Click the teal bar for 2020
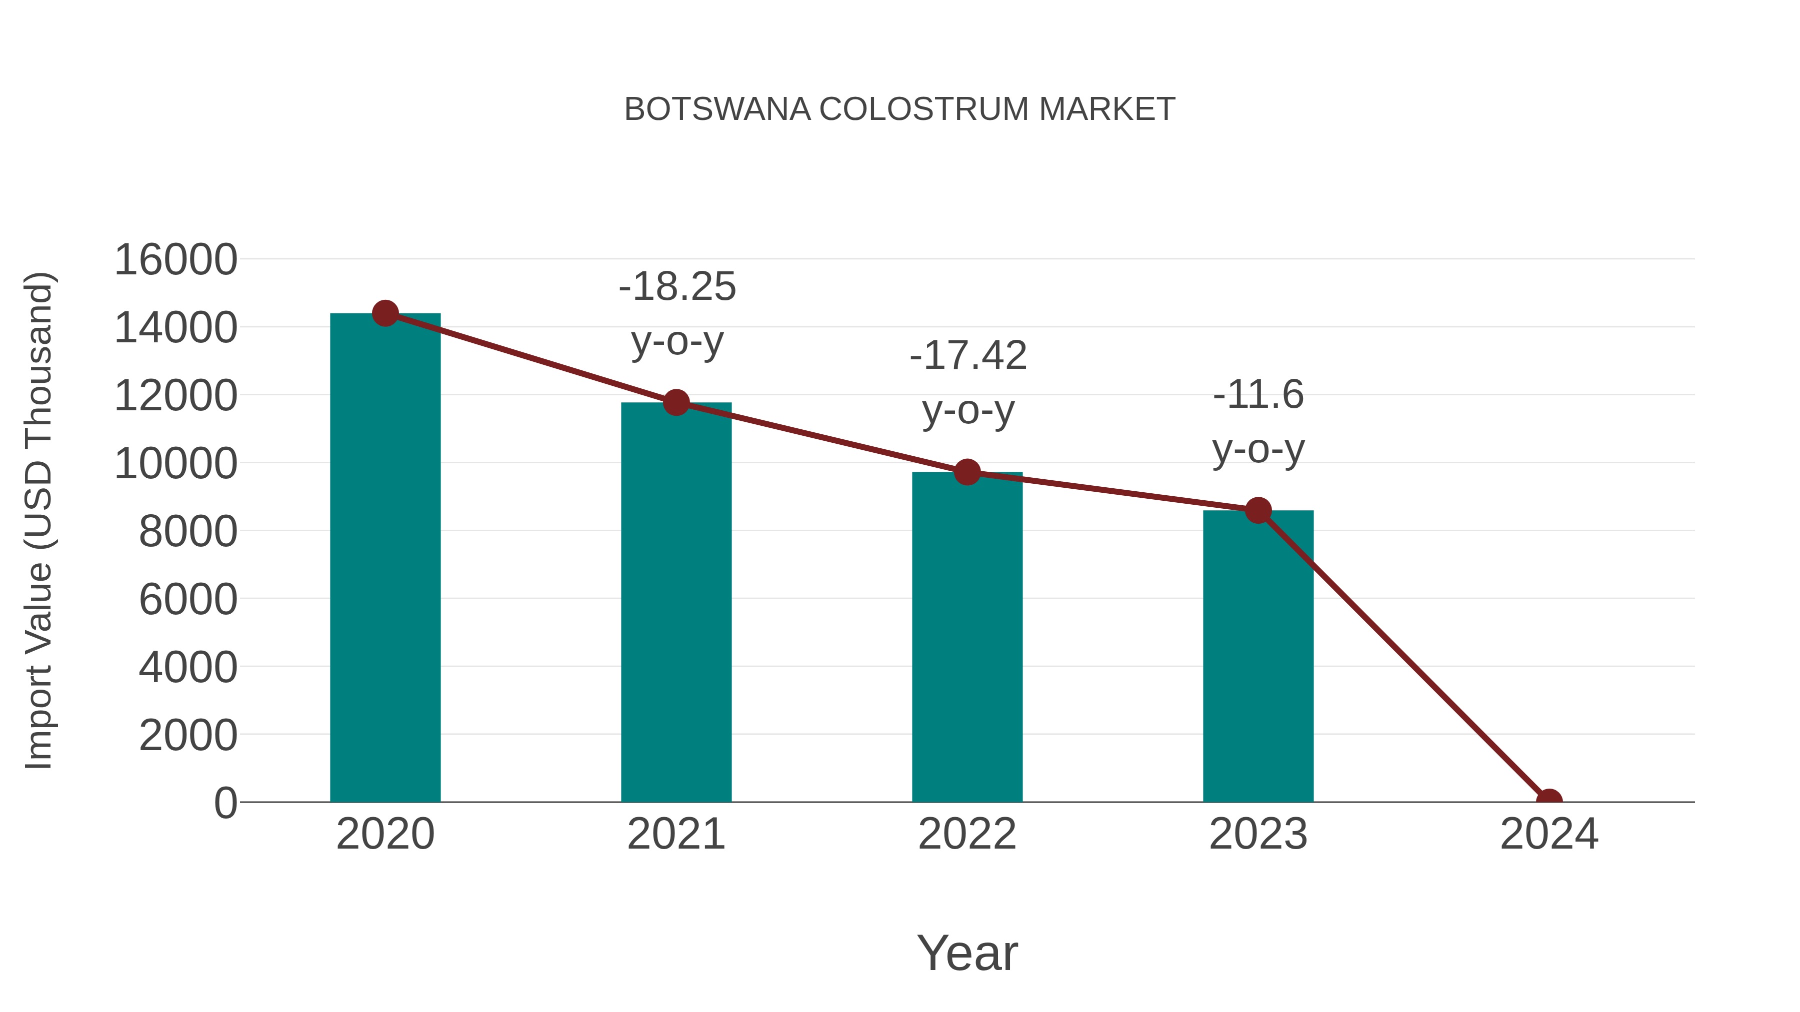click(x=385, y=559)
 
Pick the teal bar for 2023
click(x=1258, y=657)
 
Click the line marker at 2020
click(x=385, y=313)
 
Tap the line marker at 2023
click(x=1258, y=511)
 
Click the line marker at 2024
click(x=1548, y=801)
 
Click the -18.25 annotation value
click(x=677, y=287)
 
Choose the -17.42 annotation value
click(x=968, y=355)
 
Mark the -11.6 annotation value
click(x=1258, y=395)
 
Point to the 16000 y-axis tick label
click(x=175, y=260)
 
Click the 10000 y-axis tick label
click(x=175, y=463)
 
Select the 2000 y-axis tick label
click(x=188, y=736)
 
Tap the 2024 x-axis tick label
click(x=1548, y=834)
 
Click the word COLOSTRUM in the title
click(x=924, y=109)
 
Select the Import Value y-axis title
click(x=39, y=520)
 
